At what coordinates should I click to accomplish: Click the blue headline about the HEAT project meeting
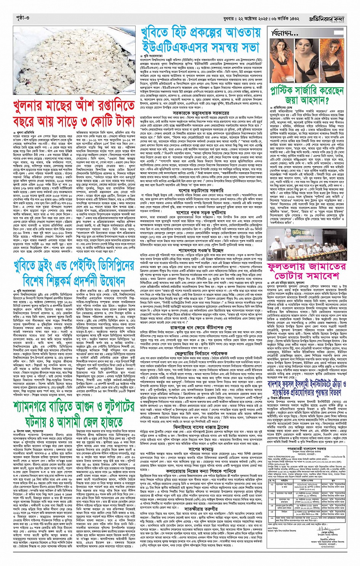point(202,40)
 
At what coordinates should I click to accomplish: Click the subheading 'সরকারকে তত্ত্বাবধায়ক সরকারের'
point(202,113)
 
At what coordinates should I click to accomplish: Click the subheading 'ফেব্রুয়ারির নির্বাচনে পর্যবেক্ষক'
point(202,343)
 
